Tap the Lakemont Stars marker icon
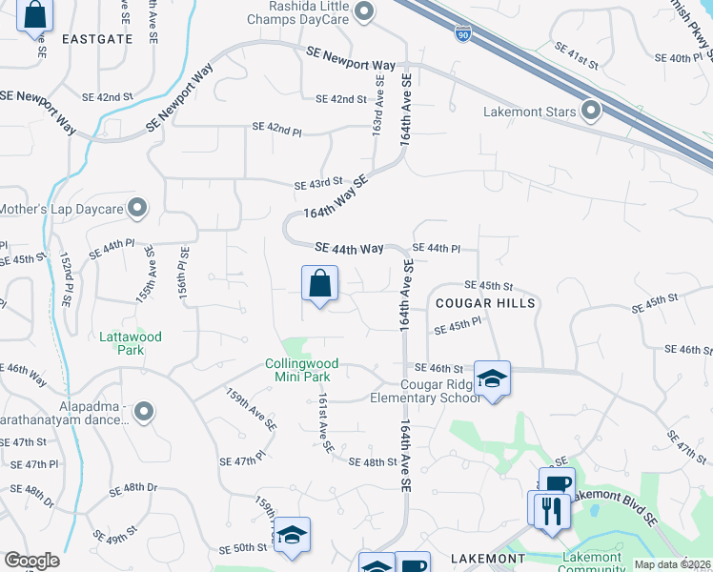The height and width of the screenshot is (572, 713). pos(591,112)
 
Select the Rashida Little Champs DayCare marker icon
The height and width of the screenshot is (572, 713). pos(362,12)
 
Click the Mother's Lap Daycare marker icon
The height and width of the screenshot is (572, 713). pos(137,207)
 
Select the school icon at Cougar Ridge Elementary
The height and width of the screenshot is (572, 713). pos(492,378)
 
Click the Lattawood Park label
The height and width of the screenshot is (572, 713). pos(131,343)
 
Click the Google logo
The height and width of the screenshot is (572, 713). pos(31,561)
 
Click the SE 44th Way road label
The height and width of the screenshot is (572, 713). pos(348,248)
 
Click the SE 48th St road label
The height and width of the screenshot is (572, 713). pos(373,462)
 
